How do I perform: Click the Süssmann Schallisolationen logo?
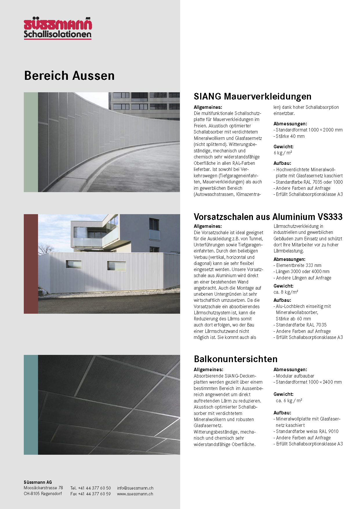point(58,29)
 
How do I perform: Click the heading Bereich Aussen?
point(69,75)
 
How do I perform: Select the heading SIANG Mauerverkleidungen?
point(252,96)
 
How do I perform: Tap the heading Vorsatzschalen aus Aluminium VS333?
point(268,217)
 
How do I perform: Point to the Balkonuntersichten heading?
point(236,359)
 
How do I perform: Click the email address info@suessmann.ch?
point(135,488)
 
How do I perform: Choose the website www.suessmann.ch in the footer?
point(135,494)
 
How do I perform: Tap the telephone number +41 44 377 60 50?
point(94,488)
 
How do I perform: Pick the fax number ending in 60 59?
point(94,494)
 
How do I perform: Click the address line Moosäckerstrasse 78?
point(43,488)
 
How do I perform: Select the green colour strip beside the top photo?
point(31,142)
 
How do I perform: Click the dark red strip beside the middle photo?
point(31,264)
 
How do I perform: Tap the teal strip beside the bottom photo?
point(31,405)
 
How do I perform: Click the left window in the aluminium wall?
point(74,264)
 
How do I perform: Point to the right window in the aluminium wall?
point(117,266)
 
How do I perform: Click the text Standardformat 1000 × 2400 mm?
point(308,382)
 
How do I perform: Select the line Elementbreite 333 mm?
point(299,265)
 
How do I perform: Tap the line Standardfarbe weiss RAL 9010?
point(307,432)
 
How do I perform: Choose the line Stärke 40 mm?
point(290,136)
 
